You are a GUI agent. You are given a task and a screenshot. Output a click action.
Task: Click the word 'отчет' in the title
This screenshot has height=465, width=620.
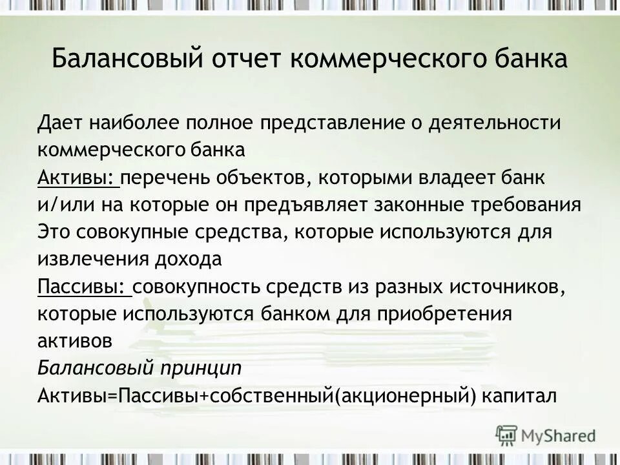243,59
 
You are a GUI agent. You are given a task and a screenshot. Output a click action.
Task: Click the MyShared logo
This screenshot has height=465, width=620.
546,435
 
